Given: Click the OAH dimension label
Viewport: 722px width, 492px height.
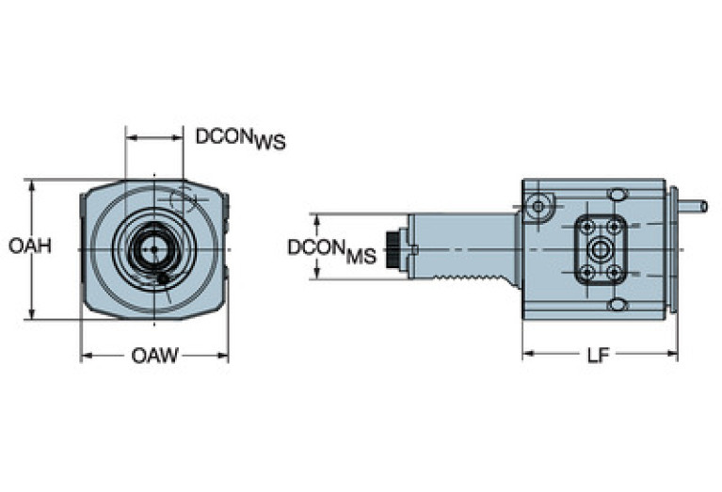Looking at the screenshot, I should click(29, 246).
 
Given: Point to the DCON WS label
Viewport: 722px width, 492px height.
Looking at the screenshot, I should click(240, 137).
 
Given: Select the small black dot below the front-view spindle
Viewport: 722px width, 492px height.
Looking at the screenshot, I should click(165, 279).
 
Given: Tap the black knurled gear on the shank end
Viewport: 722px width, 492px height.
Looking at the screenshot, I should click(391, 248).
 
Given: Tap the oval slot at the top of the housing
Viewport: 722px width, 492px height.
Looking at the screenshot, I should click(618, 194).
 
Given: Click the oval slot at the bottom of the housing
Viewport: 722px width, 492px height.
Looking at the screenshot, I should click(618, 305).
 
